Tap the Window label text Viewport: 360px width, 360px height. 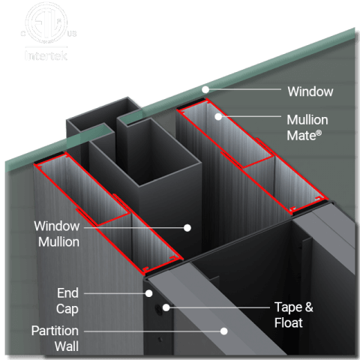310,91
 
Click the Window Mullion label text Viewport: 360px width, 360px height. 57,233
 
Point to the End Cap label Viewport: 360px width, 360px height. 67,300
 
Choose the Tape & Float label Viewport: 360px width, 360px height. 288,315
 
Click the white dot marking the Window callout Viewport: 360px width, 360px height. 203,90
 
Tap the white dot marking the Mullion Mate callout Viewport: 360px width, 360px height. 218,116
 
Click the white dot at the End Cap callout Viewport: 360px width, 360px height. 149,293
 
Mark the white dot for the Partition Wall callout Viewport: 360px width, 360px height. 223,330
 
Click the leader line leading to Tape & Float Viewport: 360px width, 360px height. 217,307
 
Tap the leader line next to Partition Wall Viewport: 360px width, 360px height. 150,330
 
